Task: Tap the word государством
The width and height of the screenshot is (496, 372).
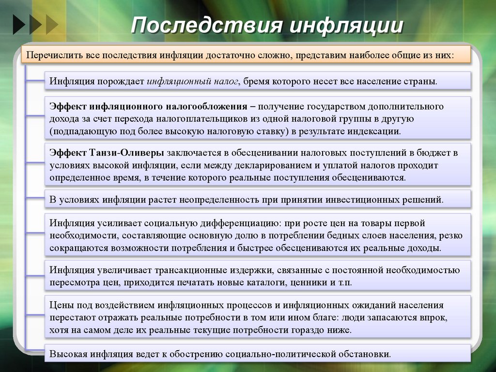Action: pos(327,106)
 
